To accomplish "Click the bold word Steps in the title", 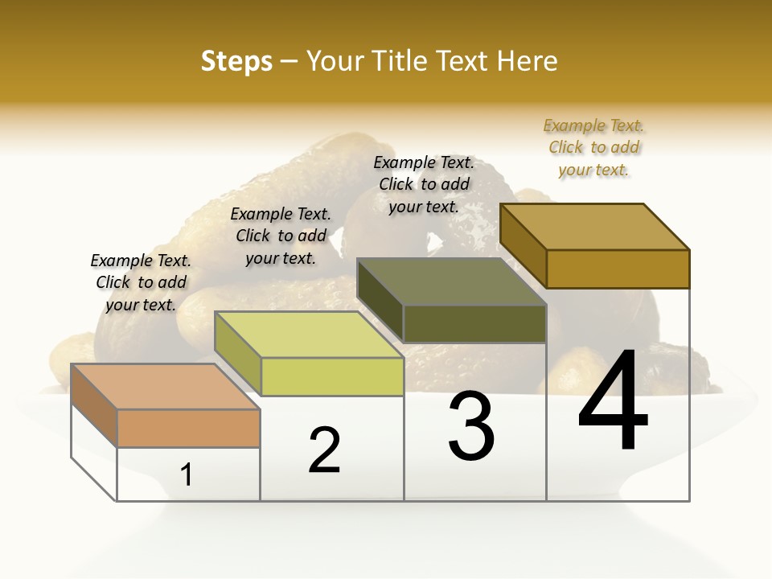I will pyautogui.click(x=236, y=61).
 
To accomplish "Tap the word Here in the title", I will pyautogui.click(x=527, y=61).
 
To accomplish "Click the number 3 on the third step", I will pyautogui.click(x=471, y=425).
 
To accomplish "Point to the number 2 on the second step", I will pyautogui.click(x=325, y=450).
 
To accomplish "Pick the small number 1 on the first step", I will pyautogui.click(x=187, y=474).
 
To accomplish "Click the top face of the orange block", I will pyautogui.click(x=165, y=387).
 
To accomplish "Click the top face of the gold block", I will pyautogui.click(x=594, y=227).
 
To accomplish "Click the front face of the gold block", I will pyautogui.click(x=618, y=269).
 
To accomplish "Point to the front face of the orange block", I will pyautogui.click(x=188, y=428).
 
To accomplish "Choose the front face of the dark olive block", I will pyautogui.click(x=474, y=323).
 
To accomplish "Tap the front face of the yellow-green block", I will pyautogui.click(x=331, y=376).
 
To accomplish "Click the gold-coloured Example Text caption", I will pyautogui.click(x=593, y=147).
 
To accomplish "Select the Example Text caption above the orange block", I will pyautogui.click(x=141, y=282).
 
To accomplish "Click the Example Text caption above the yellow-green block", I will pyautogui.click(x=281, y=236).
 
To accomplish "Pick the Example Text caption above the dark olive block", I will pyautogui.click(x=424, y=184).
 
